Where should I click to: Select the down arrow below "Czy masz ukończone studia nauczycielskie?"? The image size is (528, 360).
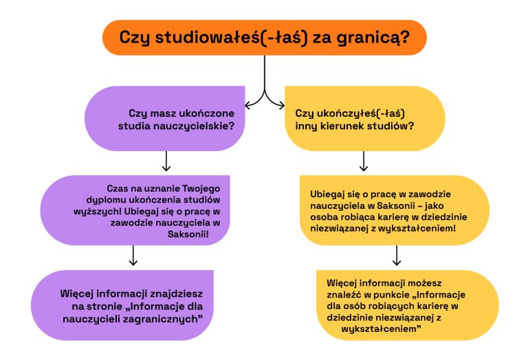tap(165, 162)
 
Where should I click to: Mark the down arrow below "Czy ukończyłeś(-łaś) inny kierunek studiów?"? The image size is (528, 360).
tap(364, 162)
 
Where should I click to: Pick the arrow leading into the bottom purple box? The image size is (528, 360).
tap(133, 256)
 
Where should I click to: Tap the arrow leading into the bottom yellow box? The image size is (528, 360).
tap(397, 256)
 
